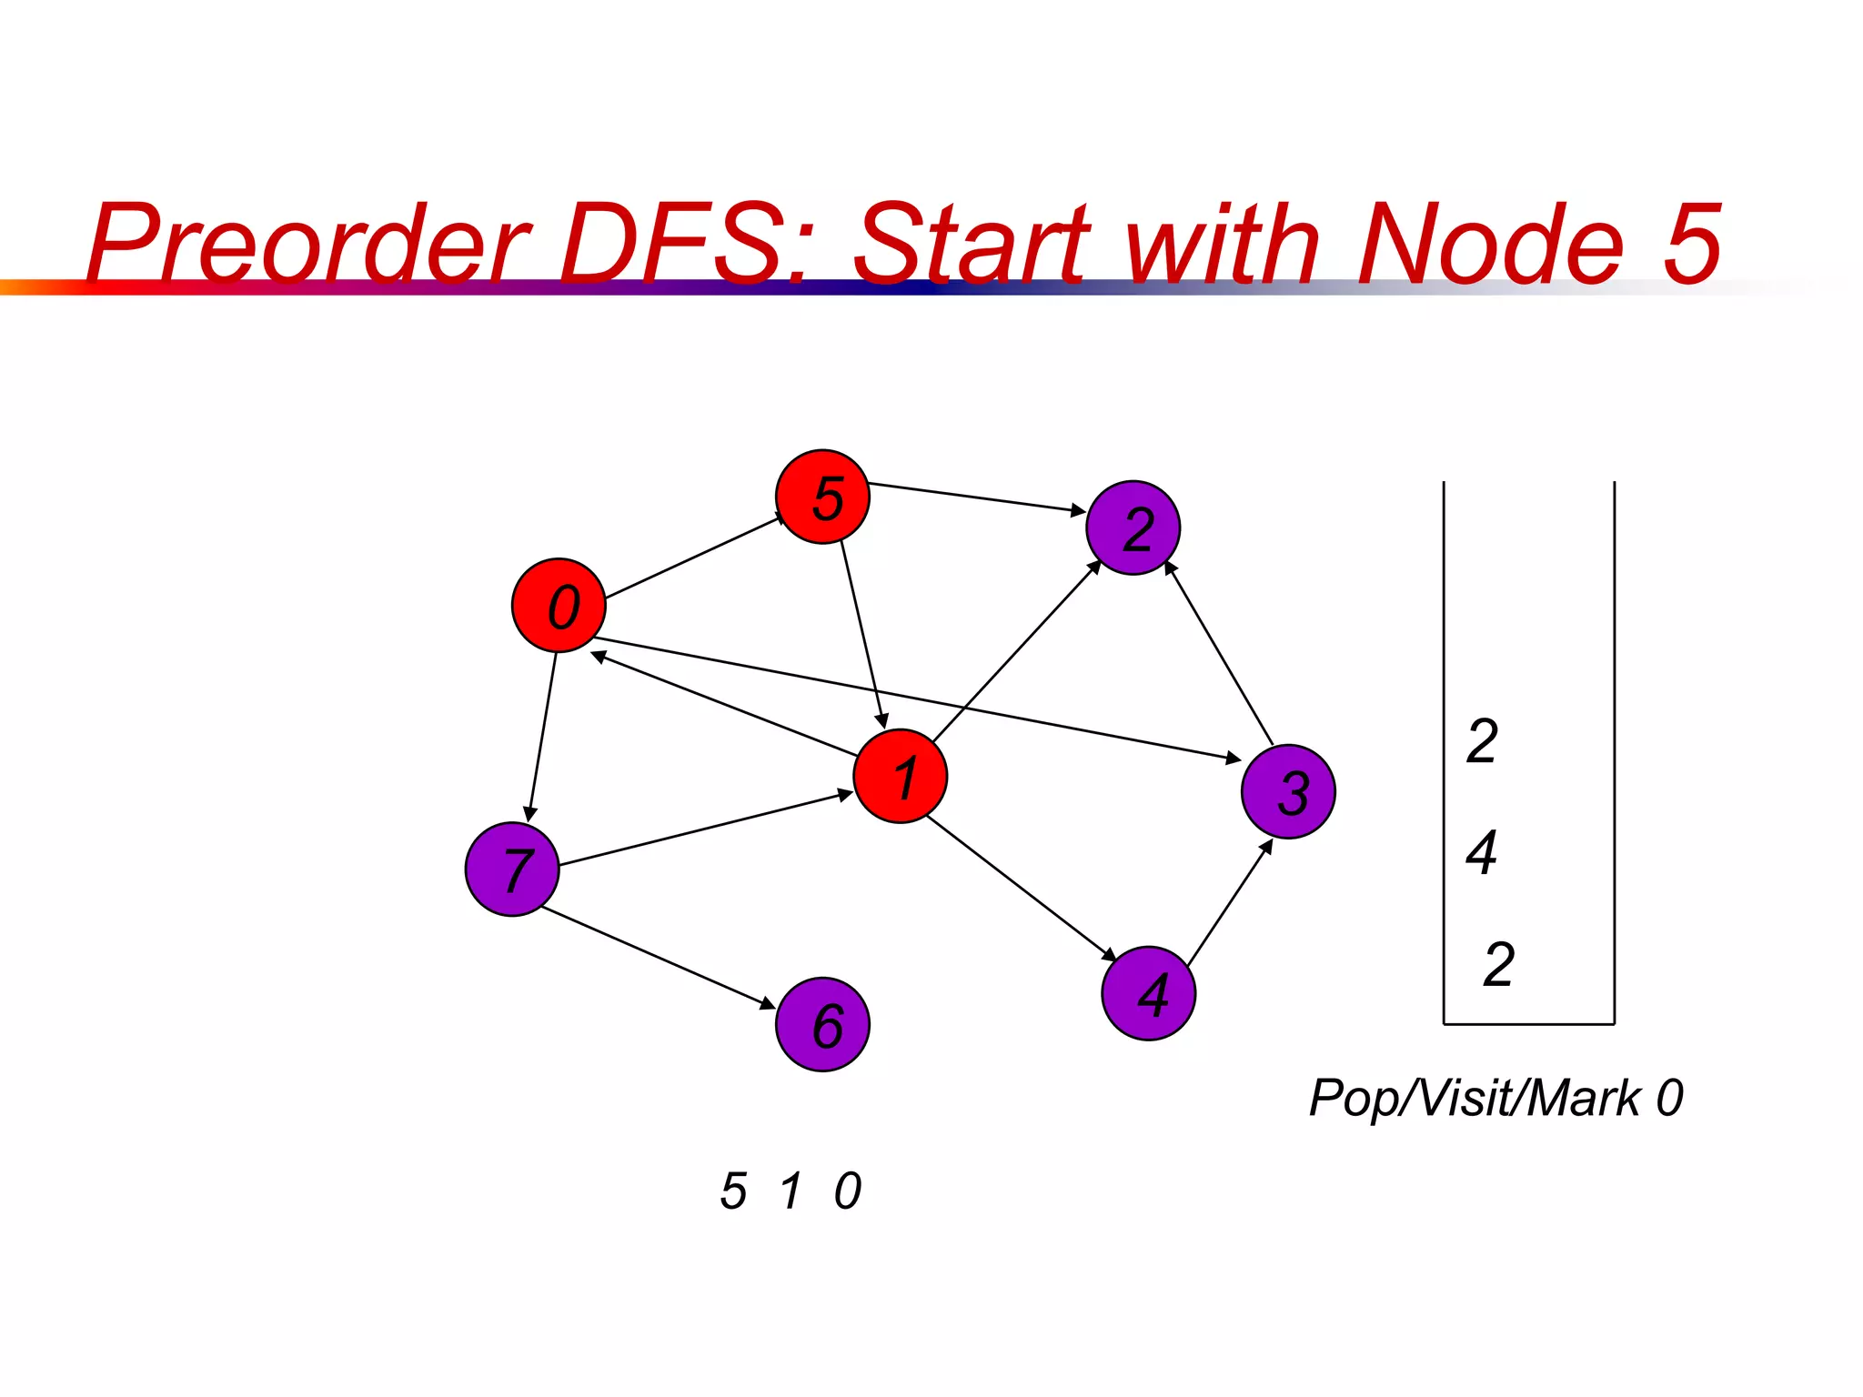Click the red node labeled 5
[x=822, y=497]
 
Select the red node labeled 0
[x=559, y=606]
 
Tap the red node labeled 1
[x=901, y=776]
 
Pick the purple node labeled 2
[x=1133, y=528]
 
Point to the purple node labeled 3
[x=1288, y=791]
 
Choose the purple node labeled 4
[x=1148, y=993]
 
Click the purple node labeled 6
[x=822, y=1025]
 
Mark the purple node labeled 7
[x=512, y=869]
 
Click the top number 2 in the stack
[x=1482, y=741]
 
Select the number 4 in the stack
[x=1482, y=853]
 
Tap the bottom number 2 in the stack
[x=1498, y=964]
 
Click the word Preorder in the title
[x=309, y=243]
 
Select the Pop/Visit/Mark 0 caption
[x=1495, y=1098]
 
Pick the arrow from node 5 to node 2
[x=977, y=497]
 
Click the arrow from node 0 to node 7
[x=542, y=737]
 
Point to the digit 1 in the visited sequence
[x=791, y=1191]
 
